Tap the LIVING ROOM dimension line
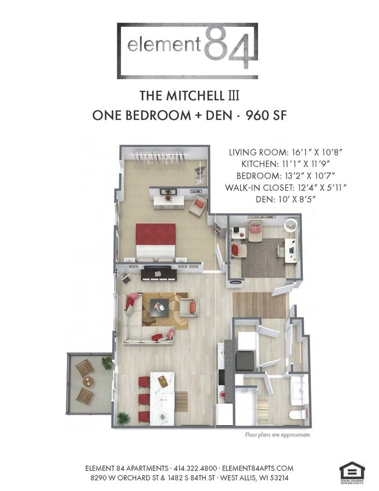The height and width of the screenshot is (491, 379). click(287, 152)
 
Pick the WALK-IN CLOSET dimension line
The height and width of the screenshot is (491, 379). click(287, 187)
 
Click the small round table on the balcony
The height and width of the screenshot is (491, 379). click(87, 382)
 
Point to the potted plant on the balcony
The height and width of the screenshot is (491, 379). click(107, 363)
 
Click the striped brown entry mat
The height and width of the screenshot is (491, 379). click(260, 305)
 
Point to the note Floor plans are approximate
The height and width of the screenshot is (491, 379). click(277, 435)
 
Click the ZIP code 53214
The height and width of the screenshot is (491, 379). click(277, 478)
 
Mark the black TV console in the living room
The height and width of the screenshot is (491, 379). click(158, 273)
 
